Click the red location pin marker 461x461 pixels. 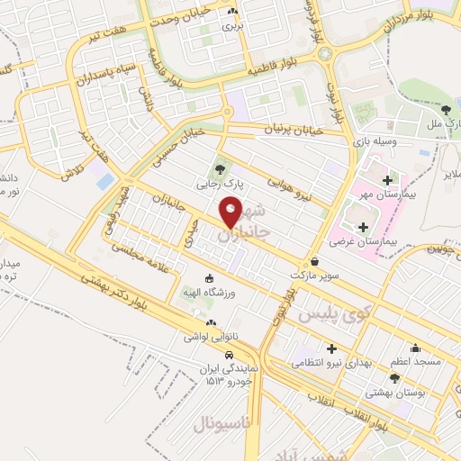[x=231, y=212]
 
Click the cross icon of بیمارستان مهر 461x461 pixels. [x=388, y=179]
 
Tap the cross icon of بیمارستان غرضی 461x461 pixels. [x=363, y=228]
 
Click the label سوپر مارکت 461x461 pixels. [x=314, y=275]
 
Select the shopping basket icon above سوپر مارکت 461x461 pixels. [x=313, y=261]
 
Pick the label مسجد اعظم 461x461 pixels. [x=415, y=361]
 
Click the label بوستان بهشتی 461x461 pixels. [x=394, y=393]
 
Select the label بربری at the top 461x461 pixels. [x=233, y=25]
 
